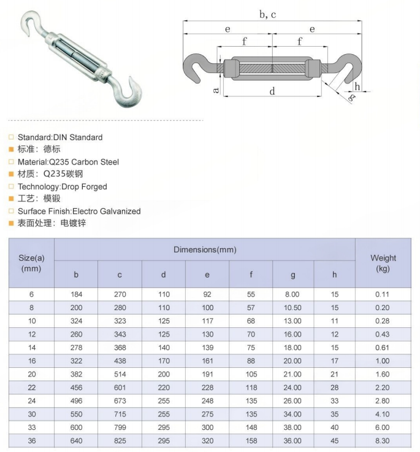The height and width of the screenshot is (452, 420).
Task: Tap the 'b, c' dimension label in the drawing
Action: tap(268, 14)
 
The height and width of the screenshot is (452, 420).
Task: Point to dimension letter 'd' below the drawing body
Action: tap(272, 91)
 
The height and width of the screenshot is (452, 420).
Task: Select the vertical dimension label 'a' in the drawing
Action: tap(215, 90)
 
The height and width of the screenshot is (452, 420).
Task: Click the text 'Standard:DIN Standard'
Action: tap(60, 138)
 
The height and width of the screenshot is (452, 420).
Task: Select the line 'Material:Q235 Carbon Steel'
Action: tap(68, 162)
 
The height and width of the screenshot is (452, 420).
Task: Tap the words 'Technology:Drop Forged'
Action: tap(62, 187)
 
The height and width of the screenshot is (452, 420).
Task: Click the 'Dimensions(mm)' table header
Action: tap(205, 250)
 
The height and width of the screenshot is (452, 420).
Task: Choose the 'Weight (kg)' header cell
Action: tap(383, 263)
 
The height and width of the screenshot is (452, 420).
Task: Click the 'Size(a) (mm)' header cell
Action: tap(31, 263)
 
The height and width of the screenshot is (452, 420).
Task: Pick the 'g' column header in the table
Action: tap(293, 275)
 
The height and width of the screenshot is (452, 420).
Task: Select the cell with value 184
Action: tap(76, 295)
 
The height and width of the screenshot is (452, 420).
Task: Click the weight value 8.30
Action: tap(383, 441)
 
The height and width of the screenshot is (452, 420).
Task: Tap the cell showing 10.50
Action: tap(292, 308)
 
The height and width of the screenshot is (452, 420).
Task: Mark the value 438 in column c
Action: tap(120, 361)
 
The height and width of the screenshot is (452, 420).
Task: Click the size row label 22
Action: tap(31, 388)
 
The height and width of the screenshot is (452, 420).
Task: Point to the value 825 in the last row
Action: tap(120, 441)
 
